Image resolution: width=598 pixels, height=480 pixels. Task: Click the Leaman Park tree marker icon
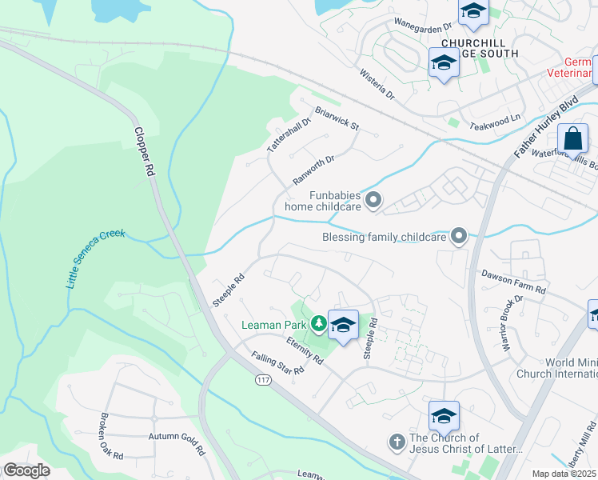pos(319,323)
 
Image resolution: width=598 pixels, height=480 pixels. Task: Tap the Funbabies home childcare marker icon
pos(373,200)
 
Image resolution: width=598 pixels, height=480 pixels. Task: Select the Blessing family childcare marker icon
pos(458,236)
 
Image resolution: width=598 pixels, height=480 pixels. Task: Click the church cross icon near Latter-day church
pos(395,442)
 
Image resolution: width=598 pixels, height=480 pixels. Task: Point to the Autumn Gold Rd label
pos(177,436)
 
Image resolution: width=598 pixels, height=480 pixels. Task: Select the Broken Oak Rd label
pos(111,436)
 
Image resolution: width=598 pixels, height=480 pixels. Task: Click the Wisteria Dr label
pos(377,83)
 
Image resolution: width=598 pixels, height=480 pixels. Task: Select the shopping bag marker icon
pos(573,138)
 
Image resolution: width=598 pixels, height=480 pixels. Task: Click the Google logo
pos(26,470)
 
